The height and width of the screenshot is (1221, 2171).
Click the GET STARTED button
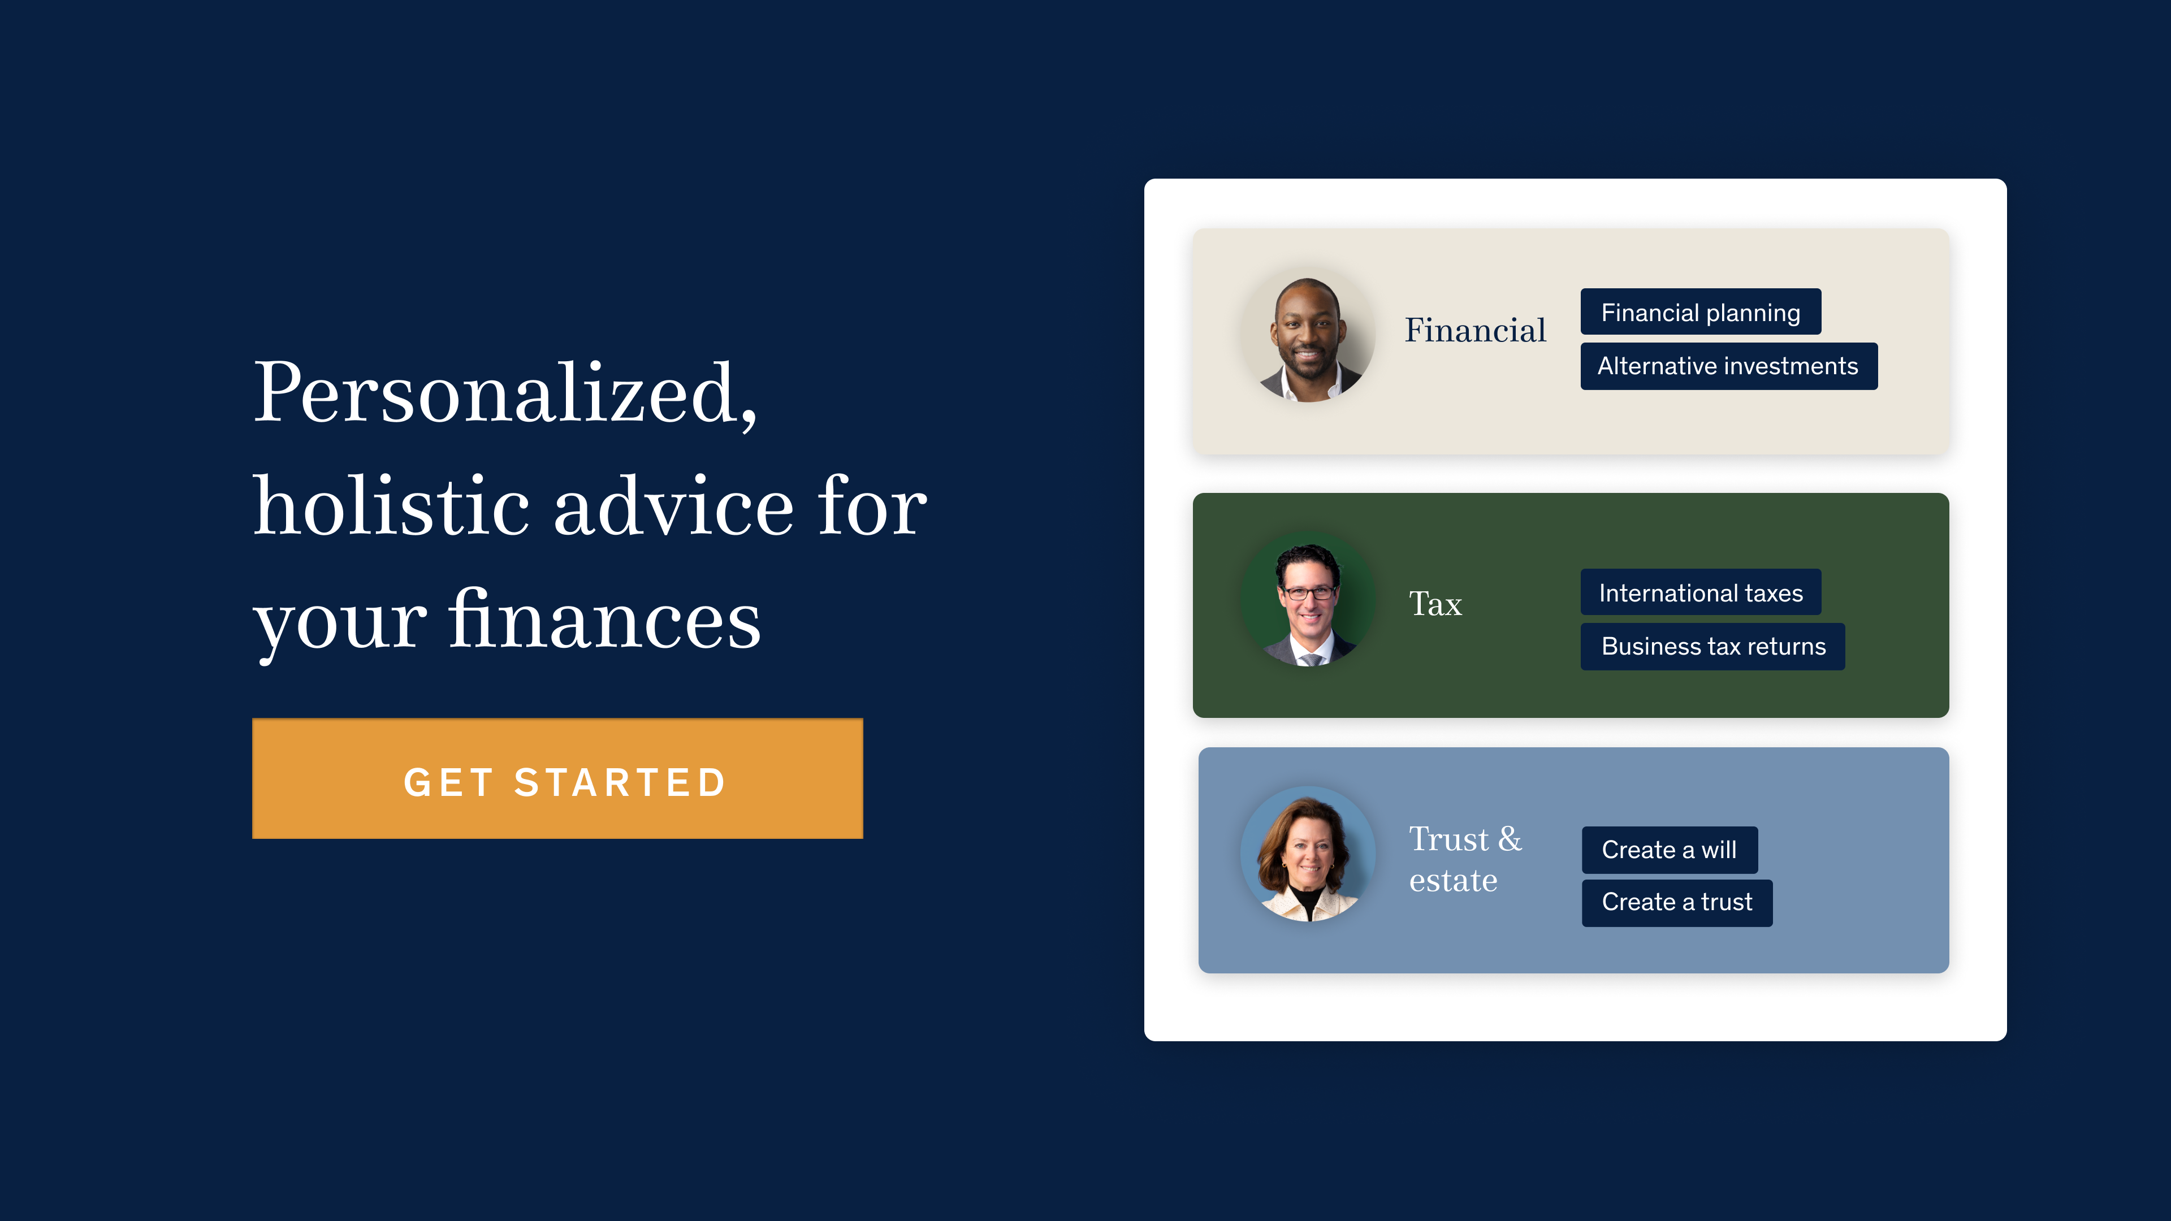click(557, 778)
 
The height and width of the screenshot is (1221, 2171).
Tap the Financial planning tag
click(1701, 312)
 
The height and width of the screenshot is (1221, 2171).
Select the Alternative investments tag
click(1728, 366)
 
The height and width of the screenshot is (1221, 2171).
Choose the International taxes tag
click(1701, 592)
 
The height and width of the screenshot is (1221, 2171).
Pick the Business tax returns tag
click(1712, 646)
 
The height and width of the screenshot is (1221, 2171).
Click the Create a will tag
click(1670, 850)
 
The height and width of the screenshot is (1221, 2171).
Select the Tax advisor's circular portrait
click(1308, 599)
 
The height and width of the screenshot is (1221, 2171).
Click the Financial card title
click(1475, 330)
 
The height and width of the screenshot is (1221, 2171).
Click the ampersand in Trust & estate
click(1510, 839)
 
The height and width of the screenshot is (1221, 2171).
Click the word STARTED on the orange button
click(620, 782)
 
